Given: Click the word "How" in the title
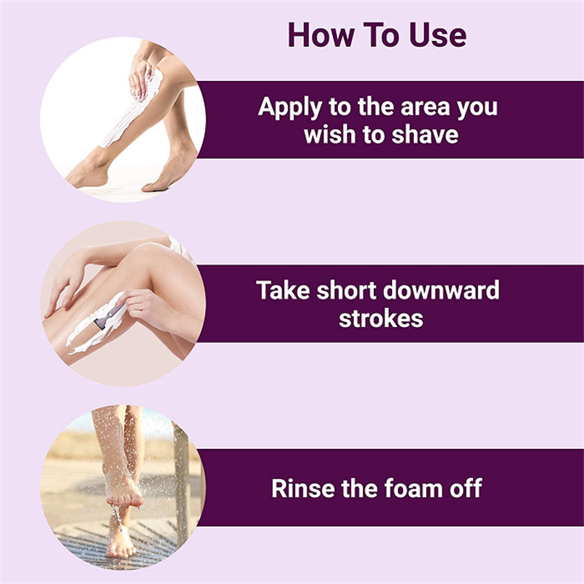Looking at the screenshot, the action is click(320, 35).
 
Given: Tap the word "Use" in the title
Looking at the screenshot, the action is click(437, 35).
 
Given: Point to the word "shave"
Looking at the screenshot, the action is click(425, 135).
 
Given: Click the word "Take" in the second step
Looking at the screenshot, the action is click(283, 291).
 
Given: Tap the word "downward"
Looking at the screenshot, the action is click(441, 291).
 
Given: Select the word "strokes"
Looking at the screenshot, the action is click(381, 319).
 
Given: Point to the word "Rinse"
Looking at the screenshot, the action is click(303, 488).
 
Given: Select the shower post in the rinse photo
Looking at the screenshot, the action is click(182, 484).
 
